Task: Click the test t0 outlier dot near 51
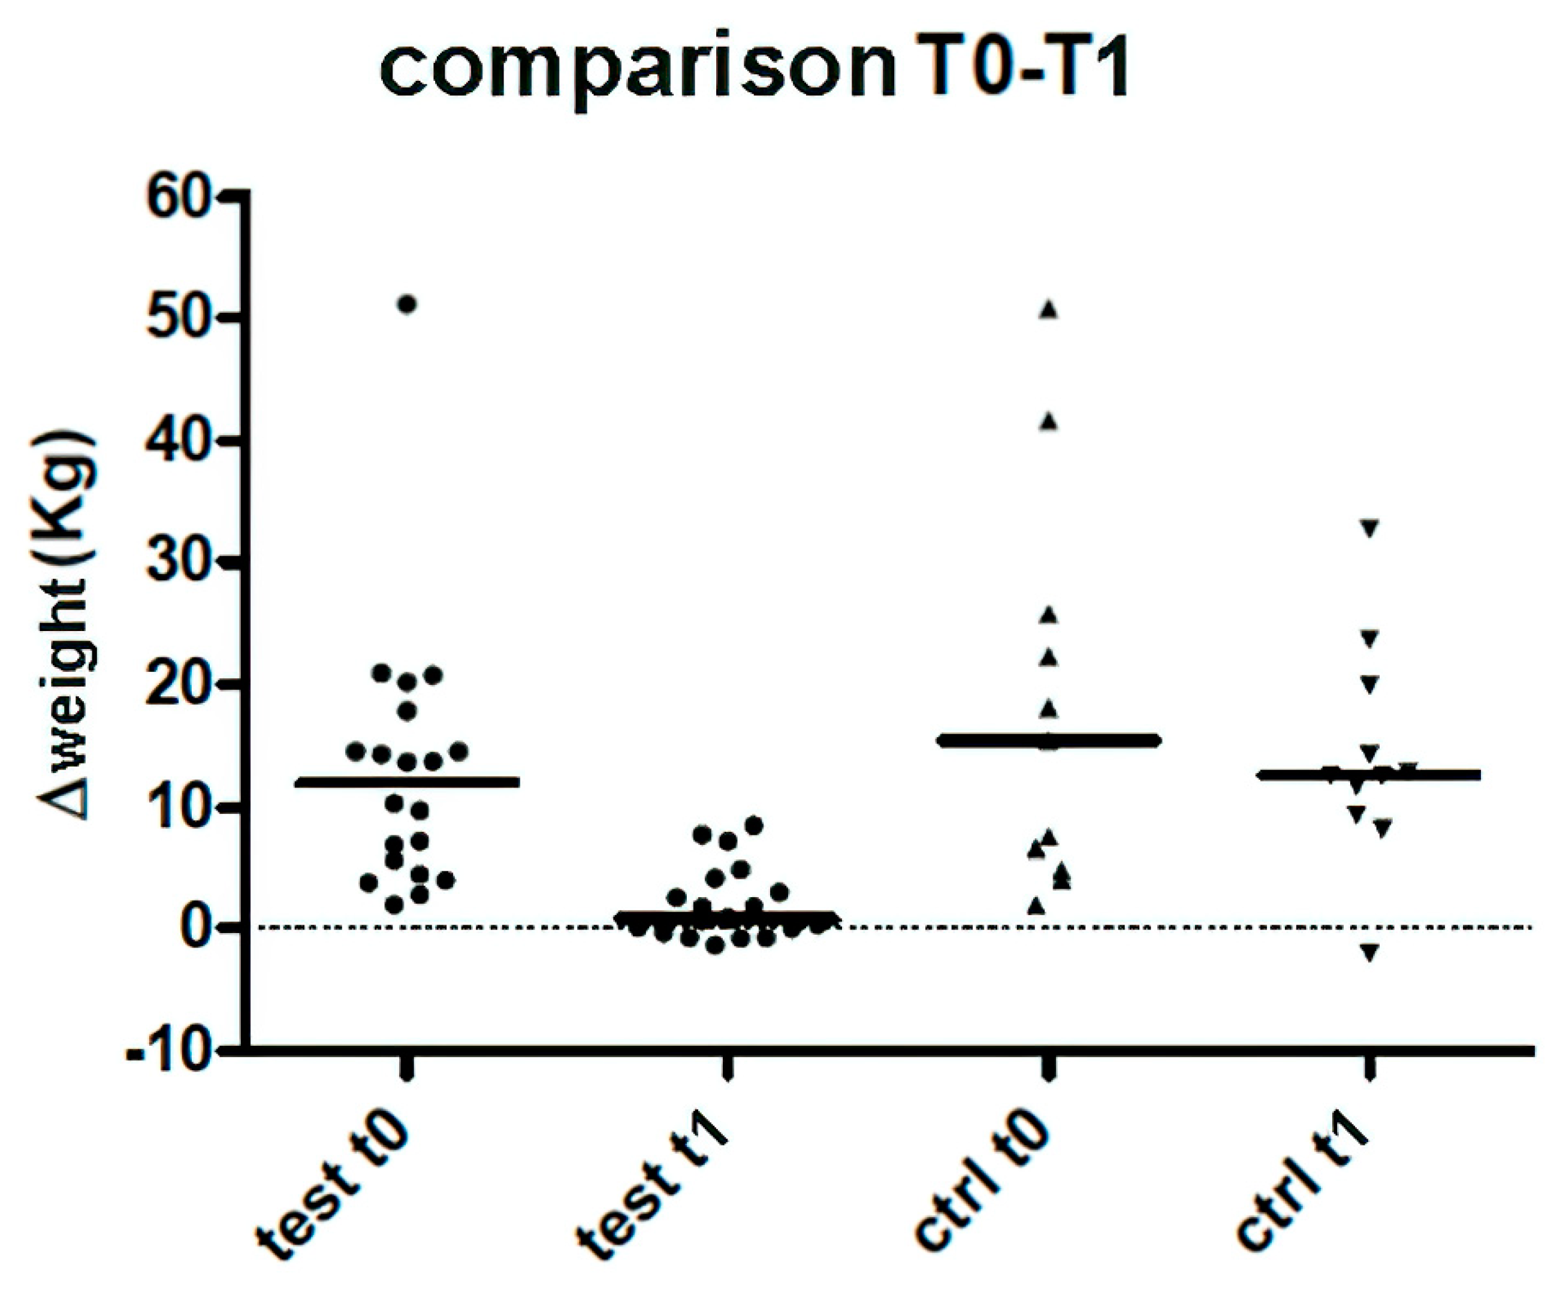406,304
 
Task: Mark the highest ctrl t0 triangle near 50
1049,310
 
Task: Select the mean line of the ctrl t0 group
1049,740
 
